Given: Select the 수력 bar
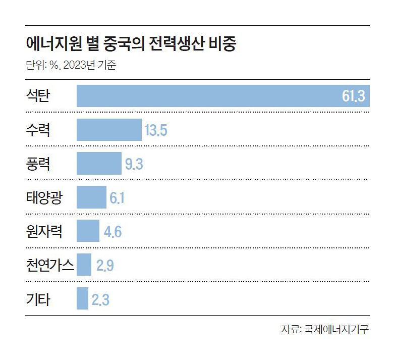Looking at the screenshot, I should pos(109,130).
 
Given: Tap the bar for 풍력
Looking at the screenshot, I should pos(99,164).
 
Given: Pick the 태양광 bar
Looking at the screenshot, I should pos(91,197).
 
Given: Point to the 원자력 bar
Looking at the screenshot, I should pos(88,231).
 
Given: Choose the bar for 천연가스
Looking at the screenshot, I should pos(84,265).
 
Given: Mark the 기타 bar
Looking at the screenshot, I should pos(82,299).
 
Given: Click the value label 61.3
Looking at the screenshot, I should pos(353,96).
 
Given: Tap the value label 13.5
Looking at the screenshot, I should pos(155,130).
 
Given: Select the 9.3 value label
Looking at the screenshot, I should pos(134,164).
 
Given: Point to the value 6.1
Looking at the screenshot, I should pos(117,198).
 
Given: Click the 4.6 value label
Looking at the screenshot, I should pos(112,232).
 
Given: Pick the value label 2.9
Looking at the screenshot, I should pos(104,266).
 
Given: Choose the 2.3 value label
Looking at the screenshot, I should pos(100,299).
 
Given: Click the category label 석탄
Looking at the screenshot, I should pos(38,95).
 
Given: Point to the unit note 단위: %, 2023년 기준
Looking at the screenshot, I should pos(71,65).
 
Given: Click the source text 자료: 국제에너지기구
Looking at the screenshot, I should pos(325,330).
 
